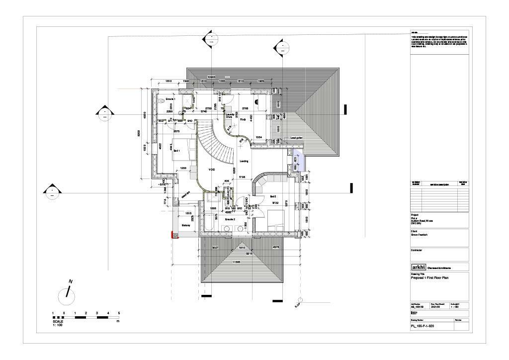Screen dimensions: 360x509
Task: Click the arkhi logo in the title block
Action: pos(418,267)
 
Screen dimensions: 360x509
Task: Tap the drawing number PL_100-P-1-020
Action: pos(423,326)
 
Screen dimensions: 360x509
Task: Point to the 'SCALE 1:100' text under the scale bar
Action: pos(58,323)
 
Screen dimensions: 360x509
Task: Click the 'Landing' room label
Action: pos(244,161)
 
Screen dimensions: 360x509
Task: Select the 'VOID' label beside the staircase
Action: pos(212,170)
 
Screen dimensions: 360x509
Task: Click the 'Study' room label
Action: pos(243,119)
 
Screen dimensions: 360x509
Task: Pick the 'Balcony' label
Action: pos(185,225)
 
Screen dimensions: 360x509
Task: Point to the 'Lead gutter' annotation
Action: pos(296,138)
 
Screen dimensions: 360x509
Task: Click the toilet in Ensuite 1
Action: pos(162,100)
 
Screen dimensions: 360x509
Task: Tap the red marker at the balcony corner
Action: pos(173,235)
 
